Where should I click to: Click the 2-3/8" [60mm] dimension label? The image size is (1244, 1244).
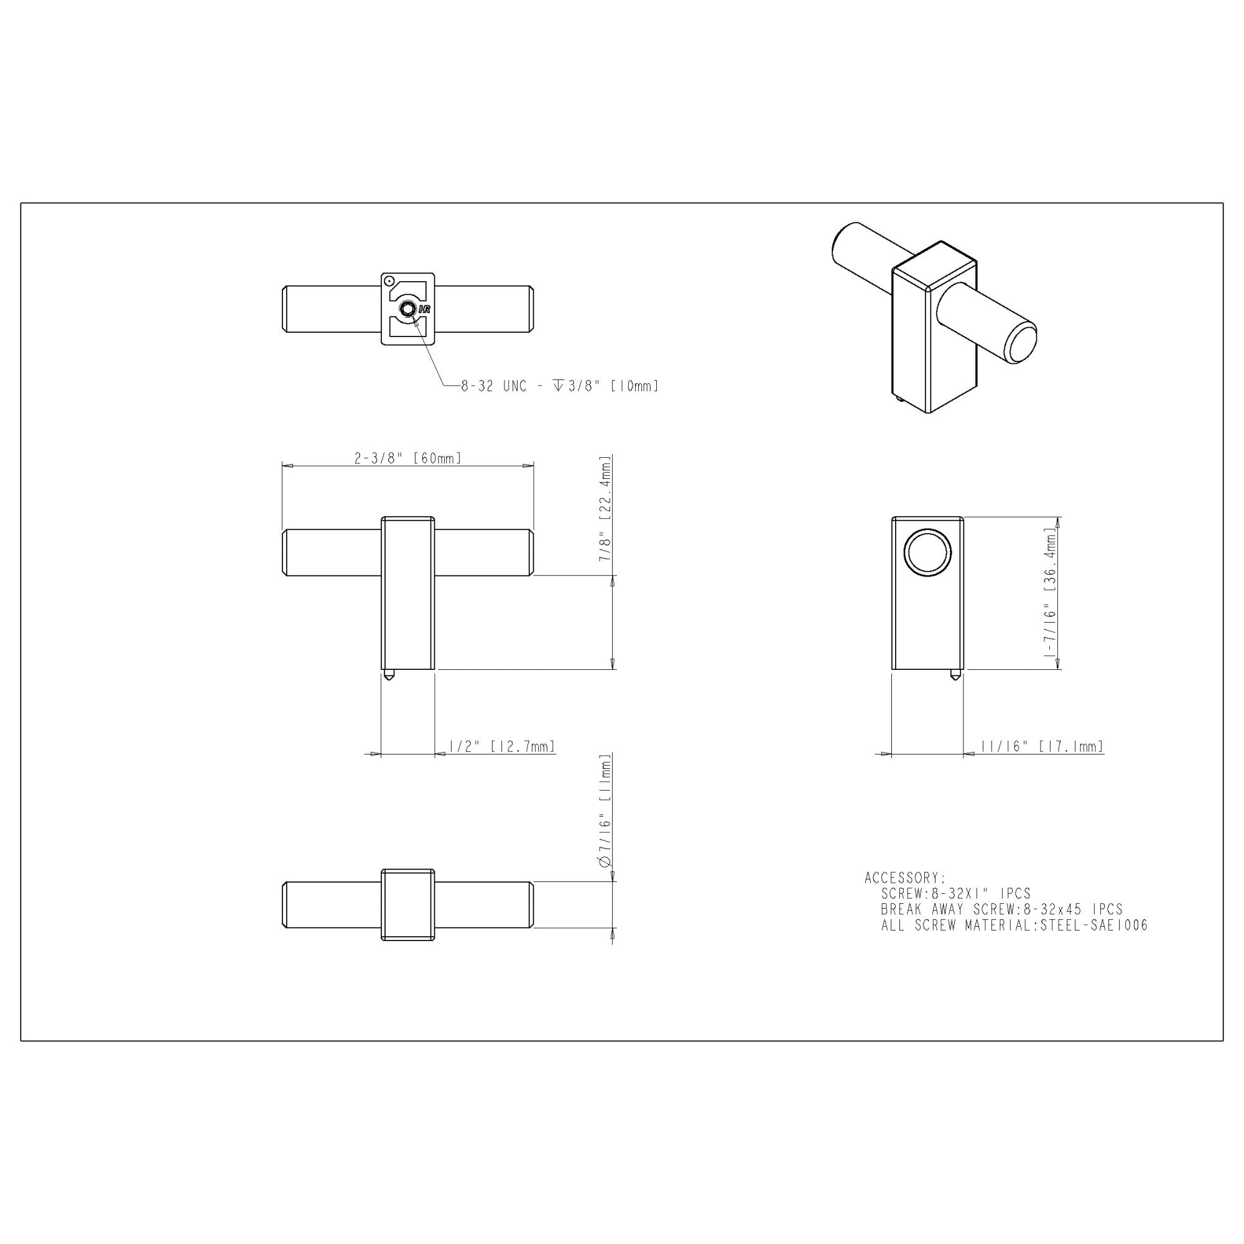[407, 458]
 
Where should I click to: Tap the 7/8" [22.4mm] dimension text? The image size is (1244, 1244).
[605, 509]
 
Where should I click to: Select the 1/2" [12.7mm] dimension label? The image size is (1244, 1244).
[501, 746]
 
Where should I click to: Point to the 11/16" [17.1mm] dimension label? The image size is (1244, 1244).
[1041, 746]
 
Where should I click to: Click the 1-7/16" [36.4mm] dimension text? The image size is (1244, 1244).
[1050, 593]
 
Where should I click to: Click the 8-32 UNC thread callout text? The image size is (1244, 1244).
[560, 386]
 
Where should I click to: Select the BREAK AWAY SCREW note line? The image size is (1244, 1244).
[1002, 909]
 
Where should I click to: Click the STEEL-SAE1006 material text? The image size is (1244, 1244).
[1094, 926]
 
